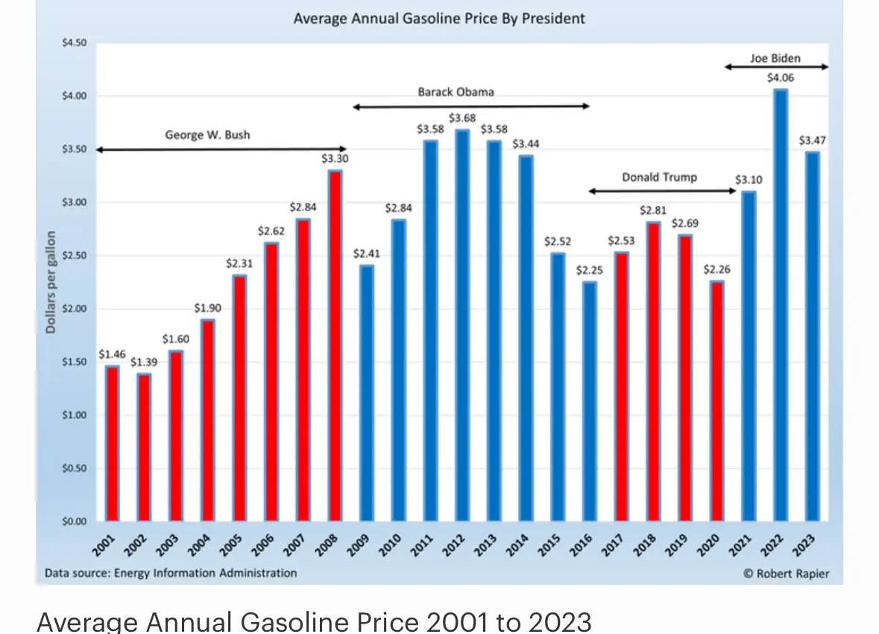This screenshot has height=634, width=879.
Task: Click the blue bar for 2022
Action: tap(781, 306)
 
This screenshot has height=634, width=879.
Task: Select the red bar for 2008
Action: tap(335, 346)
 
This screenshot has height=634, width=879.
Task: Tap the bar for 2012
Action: tap(462, 326)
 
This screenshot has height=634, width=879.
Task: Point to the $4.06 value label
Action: tap(781, 77)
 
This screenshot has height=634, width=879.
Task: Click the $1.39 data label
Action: tap(143, 362)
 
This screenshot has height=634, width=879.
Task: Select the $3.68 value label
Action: tap(462, 118)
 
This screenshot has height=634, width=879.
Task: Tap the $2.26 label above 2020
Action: tap(717, 269)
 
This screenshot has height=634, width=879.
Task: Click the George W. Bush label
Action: tap(207, 135)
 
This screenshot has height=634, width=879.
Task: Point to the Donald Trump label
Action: tap(660, 177)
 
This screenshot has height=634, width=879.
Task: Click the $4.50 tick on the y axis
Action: tap(75, 43)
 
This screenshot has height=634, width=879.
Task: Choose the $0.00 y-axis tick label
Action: tap(75, 521)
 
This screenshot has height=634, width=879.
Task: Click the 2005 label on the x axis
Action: tap(232, 544)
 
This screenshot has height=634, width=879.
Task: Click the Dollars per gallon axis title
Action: tap(51, 282)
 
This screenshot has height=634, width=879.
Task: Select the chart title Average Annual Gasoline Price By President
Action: tap(439, 17)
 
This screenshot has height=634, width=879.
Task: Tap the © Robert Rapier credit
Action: tap(786, 574)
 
